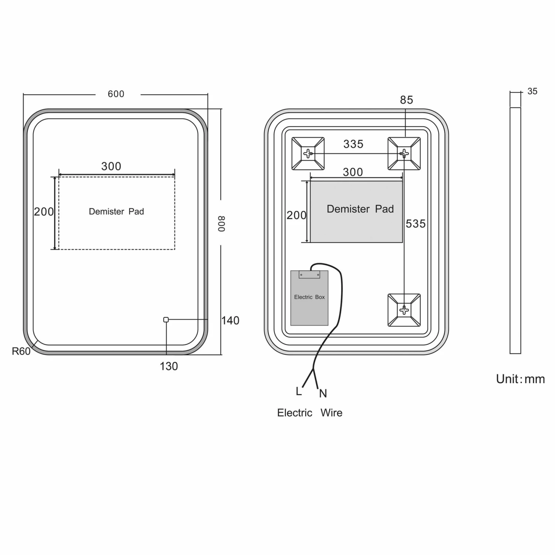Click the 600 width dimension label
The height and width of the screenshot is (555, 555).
116,94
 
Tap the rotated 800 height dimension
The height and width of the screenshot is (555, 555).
222,224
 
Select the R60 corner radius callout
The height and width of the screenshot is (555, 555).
21,351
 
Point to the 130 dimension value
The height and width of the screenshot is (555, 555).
169,366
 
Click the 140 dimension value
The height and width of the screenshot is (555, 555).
230,320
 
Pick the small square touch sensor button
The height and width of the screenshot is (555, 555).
166,320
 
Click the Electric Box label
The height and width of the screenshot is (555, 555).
309,297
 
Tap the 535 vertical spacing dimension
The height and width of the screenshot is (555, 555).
416,224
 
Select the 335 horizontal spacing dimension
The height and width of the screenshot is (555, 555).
353,144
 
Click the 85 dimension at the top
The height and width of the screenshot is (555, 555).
406,100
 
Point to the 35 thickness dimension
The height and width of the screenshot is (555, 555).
532,91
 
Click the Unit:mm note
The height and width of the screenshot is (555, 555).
520,379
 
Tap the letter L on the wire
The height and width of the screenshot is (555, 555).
299,391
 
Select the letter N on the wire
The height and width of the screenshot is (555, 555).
323,393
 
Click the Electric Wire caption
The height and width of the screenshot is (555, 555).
310,413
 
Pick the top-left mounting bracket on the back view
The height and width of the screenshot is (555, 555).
308,154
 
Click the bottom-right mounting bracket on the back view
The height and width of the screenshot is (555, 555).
404,310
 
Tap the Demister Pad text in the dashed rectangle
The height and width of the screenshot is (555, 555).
116,212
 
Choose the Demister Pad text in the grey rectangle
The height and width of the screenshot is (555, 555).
360,209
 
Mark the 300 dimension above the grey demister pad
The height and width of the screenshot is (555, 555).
353,172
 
